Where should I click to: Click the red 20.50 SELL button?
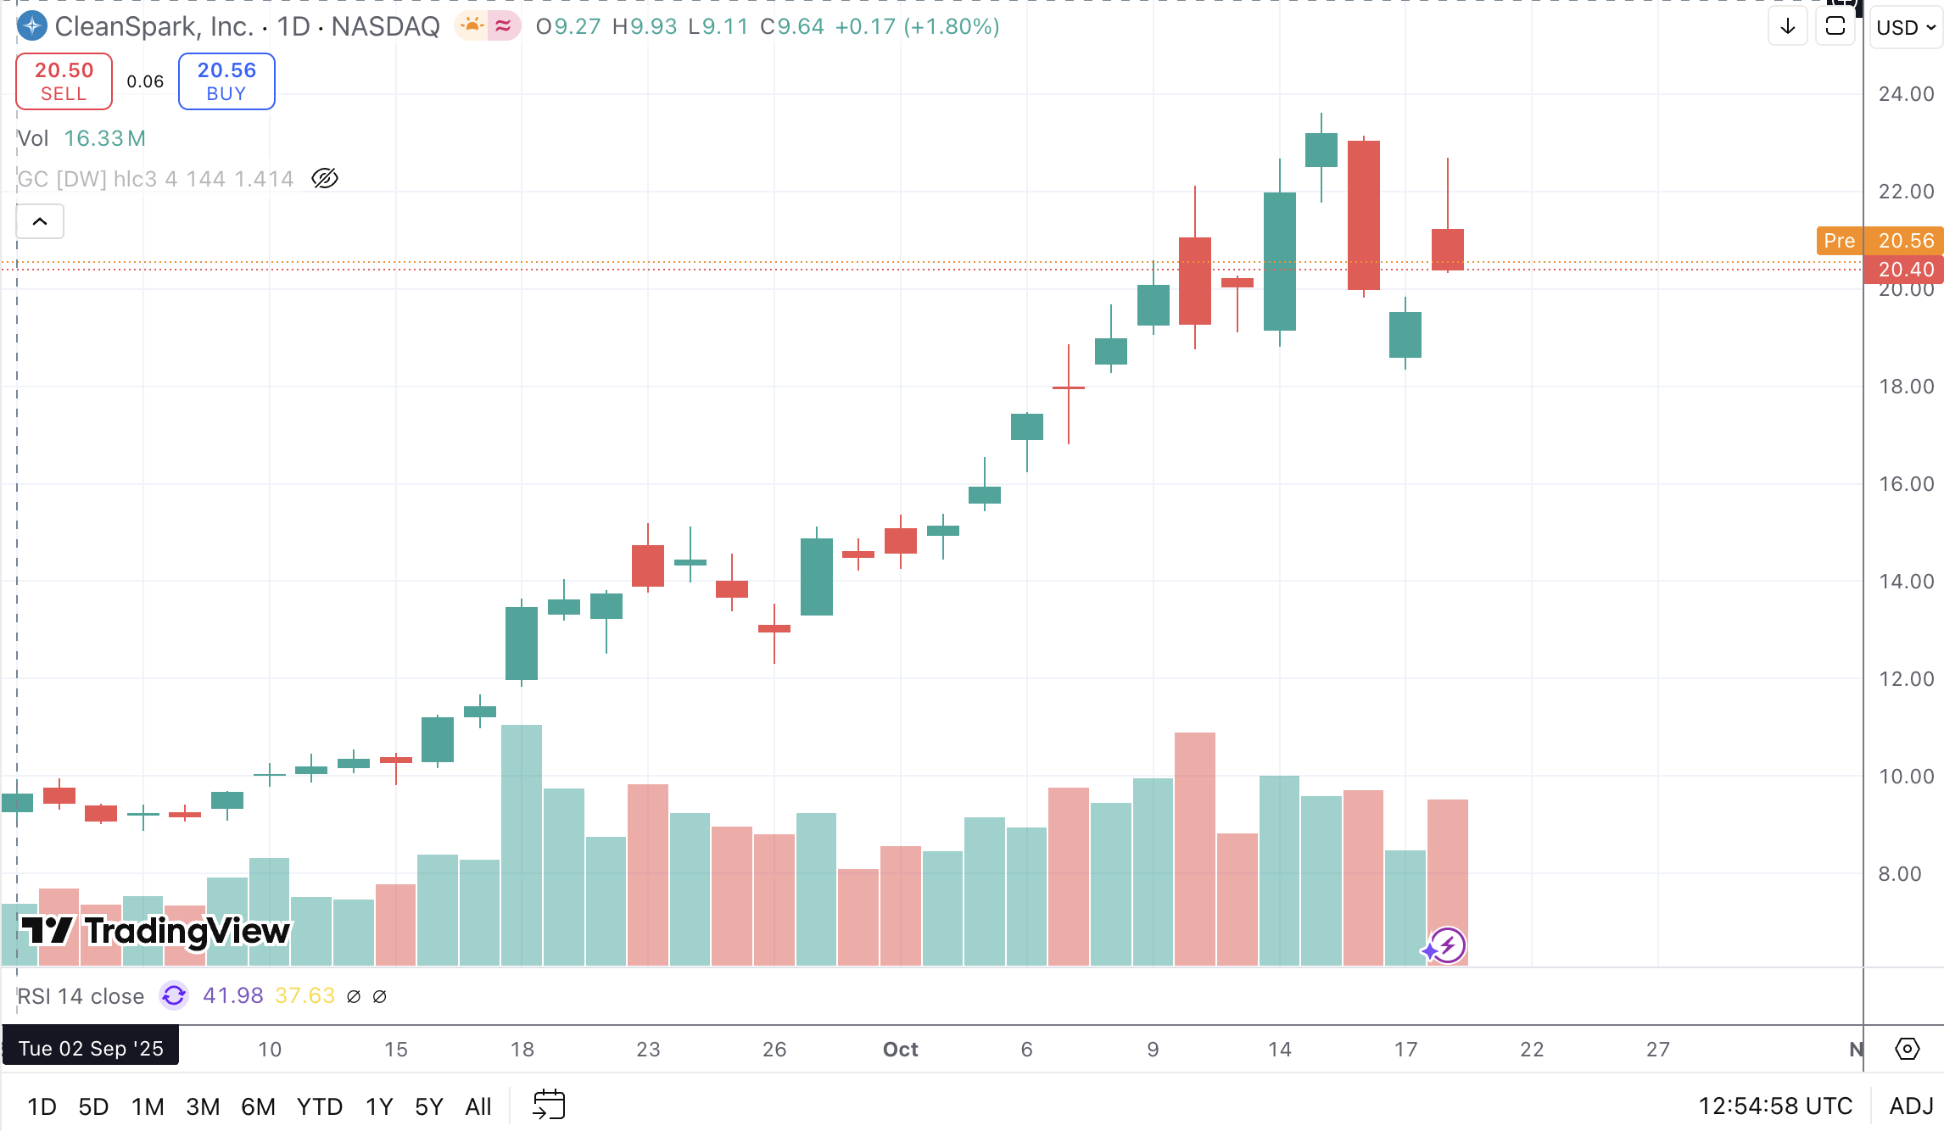[x=64, y=81]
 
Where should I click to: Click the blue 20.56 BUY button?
[x=226, y=81]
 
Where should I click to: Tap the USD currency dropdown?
[x=1905, y=27]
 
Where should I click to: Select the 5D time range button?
[x=93, y=1106]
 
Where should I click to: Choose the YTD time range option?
[x=319, y=1106]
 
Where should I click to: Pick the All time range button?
[x=478, y=1106]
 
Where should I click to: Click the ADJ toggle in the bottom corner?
[x=1911, y=1106]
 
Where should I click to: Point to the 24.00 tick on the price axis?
[x=1906, y=94]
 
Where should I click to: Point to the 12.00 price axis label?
[x=1906, y=679]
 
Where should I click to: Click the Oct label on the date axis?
[x=900, y=1050]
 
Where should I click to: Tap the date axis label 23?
[x=648, y=1050]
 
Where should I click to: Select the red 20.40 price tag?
[x=1905, y=270]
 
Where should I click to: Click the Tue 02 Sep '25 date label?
[x=91, y=1049]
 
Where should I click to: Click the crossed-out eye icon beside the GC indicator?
[x=325, y=178]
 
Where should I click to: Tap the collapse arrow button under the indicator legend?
[x=40, y=221]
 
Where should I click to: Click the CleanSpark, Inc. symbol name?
[x=154, y=27]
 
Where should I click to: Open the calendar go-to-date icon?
[x=549, y=1105]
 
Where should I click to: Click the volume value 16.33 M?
[x=105, y=138]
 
